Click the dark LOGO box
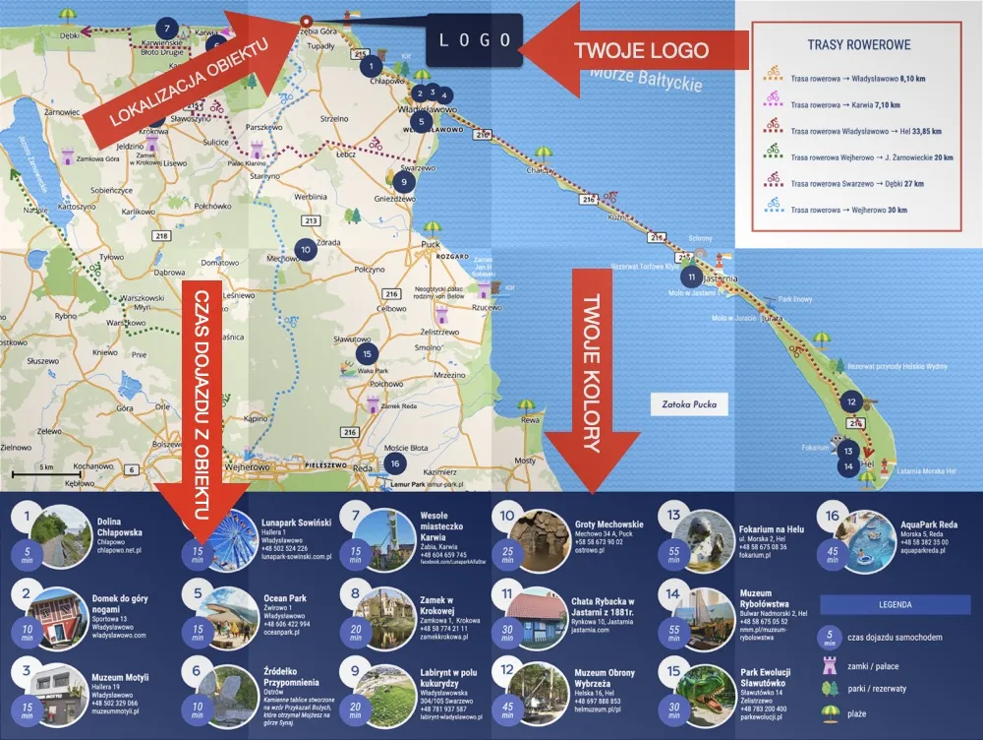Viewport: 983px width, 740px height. click(x=474, y=41)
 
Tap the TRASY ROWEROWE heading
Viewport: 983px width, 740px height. click(x=858, y=45)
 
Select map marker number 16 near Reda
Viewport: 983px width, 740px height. click(x=394, y=463)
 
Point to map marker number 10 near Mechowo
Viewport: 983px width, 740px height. click(x=306, y=250)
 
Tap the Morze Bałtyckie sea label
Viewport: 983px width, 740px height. click(x=647, y=78)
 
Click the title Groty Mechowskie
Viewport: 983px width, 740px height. click(x=608, y=524)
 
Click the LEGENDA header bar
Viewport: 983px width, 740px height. click(x=895, y=604)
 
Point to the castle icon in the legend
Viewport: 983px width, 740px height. click(x=834, y=664)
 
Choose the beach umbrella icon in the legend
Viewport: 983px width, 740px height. click(x=834, y=711)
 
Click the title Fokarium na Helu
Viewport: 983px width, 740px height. click(x=771, y=528)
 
